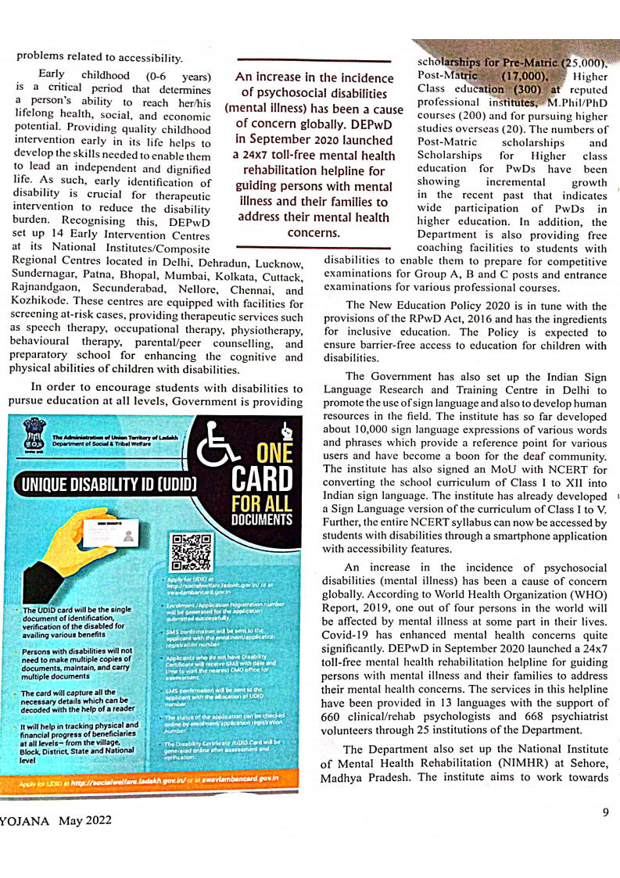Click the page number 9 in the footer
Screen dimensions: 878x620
point(605,812)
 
